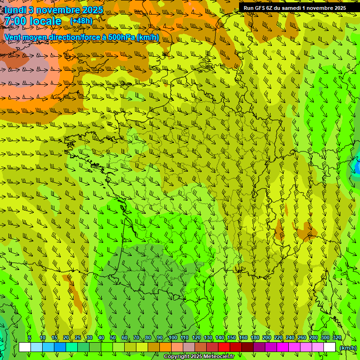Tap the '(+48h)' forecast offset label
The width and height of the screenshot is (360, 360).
click(81, 21)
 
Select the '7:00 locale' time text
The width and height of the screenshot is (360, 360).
click(33, 22)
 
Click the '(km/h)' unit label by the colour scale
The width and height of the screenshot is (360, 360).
click(348, 348)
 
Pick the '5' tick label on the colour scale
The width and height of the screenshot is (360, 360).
click(30, 338)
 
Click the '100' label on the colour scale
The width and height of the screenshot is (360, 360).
click(172, 338)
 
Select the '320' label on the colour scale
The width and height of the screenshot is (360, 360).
click(337, 338)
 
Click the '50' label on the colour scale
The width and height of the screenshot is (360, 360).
click(113, 338)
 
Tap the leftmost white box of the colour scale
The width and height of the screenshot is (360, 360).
click(25, 347)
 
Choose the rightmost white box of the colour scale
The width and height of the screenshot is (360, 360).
click(330, 347)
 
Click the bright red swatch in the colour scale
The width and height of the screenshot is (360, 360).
click(224, 347)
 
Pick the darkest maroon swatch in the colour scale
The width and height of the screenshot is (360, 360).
click(247, 347)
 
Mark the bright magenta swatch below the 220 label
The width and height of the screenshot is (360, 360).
click(283, 347)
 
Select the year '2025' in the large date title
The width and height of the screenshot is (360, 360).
click(92, 10)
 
